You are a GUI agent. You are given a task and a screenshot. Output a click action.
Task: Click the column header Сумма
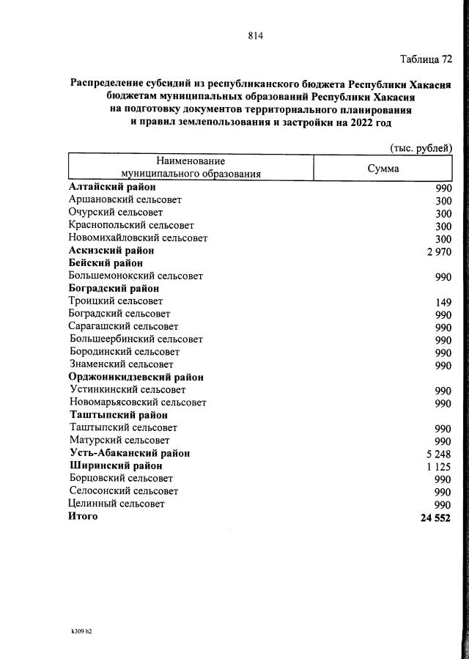383,168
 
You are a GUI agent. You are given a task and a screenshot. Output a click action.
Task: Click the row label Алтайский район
107,187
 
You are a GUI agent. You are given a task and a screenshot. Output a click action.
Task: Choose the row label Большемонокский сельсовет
135,276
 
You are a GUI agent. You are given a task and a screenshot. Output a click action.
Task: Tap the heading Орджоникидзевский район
136,377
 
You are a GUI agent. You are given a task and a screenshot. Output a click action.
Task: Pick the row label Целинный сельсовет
116,504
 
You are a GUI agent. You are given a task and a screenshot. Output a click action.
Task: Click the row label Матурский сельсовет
119,441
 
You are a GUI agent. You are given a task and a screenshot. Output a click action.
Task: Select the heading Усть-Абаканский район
130,453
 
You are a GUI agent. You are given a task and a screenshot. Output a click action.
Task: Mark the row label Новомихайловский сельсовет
138,238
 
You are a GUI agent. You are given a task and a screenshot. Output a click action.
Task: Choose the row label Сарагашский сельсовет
123,326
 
